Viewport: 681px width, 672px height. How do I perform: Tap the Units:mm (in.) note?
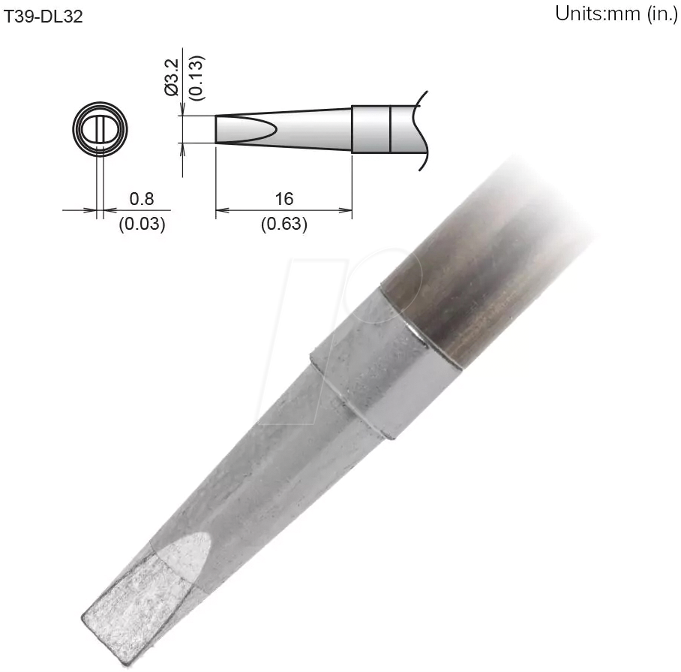point(616,15)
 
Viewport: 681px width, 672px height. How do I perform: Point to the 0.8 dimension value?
point(141,199)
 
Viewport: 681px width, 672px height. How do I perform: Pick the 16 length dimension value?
point(283,199)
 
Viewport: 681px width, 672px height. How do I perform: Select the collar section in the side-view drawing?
point(370,128)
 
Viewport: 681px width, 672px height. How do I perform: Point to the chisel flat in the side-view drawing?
point(244,128)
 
